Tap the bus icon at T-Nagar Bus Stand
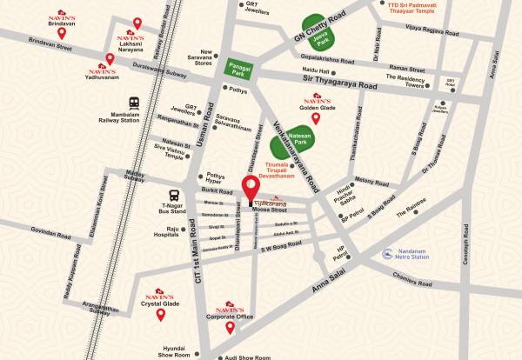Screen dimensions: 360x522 174,194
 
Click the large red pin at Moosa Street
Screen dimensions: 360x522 251,189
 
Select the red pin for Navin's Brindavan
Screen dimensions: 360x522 62,33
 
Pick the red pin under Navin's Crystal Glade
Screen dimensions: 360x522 160,315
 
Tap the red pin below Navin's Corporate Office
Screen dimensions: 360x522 231,328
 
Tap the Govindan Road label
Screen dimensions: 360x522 48,232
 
